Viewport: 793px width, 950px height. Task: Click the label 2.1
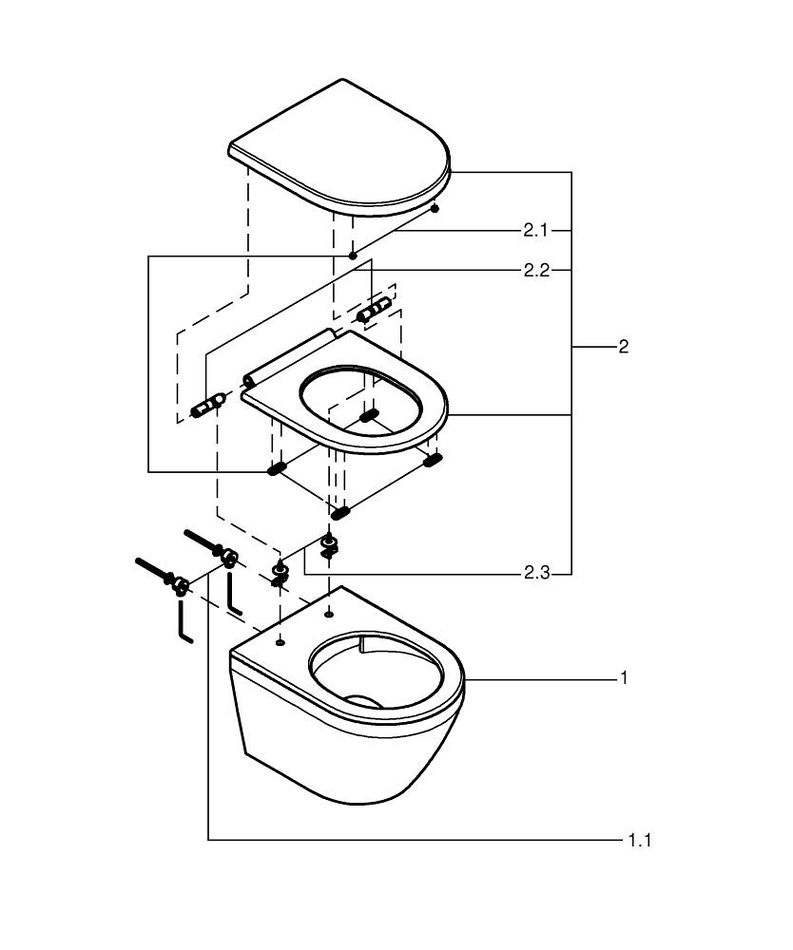click(535, 230)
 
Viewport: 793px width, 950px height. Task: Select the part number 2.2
click(535, 271)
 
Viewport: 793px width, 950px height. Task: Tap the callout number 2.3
click(535, 574)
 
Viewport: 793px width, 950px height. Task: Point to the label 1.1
click(638, 840)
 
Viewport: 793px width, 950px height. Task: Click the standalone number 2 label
click(623, 348)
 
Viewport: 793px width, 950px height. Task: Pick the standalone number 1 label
click(624, 678)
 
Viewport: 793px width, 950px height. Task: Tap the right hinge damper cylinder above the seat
click(374, 308)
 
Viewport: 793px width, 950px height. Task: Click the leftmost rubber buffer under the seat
click(277, 468)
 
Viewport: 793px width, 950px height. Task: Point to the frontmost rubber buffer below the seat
click(339, 513)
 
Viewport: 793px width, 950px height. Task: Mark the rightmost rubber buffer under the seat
click(433, 460)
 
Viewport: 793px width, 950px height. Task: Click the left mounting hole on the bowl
click(280, 642)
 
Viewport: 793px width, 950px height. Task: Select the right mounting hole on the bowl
click(328, 614)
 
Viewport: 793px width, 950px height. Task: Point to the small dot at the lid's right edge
click(435, 206)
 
